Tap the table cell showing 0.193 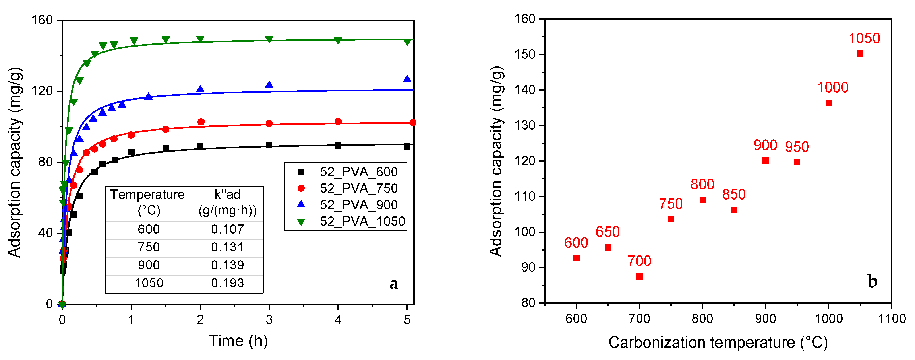227,283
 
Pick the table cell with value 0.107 227,229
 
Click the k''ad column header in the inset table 227,202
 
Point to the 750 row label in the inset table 149,247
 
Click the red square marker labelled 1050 860,53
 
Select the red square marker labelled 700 639,276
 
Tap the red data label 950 797,147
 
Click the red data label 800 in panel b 702,184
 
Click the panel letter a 393,283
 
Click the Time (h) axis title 238,341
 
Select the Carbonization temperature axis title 718,343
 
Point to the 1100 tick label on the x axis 892,319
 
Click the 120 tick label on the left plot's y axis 42,91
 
